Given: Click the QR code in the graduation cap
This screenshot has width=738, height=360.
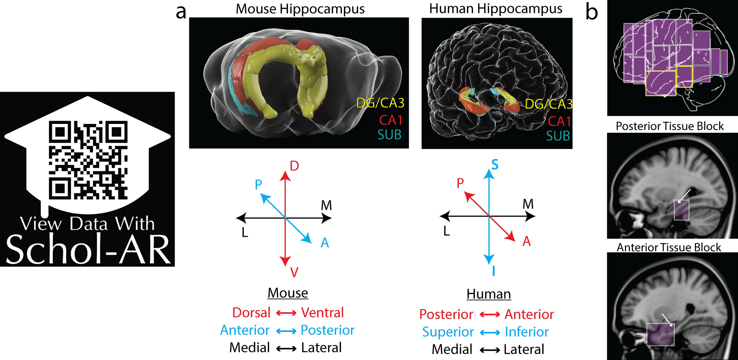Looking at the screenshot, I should point(88,160).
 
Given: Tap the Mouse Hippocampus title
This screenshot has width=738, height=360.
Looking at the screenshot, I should point(300,9).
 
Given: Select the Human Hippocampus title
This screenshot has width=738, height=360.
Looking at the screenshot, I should point(496,9).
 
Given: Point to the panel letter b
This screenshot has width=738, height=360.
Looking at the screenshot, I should point(591,12).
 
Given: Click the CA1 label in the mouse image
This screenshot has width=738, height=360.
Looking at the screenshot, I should point(391,120).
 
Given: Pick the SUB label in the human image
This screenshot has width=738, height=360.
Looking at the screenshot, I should point(558,136).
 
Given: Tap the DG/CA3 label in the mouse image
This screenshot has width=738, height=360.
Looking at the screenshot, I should point(380,103).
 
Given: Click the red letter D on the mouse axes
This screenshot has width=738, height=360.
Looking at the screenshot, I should point(294,166).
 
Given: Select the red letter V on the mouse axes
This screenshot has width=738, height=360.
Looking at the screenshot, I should point(294,272).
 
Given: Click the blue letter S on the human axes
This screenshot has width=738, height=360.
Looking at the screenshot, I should point(495,165).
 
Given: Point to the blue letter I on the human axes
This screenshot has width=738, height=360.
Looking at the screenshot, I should point(493,271).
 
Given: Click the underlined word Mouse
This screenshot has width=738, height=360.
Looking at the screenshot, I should point(288,293).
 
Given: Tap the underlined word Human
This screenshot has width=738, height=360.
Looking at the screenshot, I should point(489,294).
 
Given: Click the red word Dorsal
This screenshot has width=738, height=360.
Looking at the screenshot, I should point(251,313).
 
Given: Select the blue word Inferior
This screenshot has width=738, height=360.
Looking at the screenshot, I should point(527,332).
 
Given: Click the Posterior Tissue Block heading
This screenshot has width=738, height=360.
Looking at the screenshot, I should point(670,126).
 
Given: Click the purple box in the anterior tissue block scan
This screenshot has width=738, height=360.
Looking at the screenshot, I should point(660,335).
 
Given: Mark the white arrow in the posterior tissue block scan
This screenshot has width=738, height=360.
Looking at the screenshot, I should point(684,195).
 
